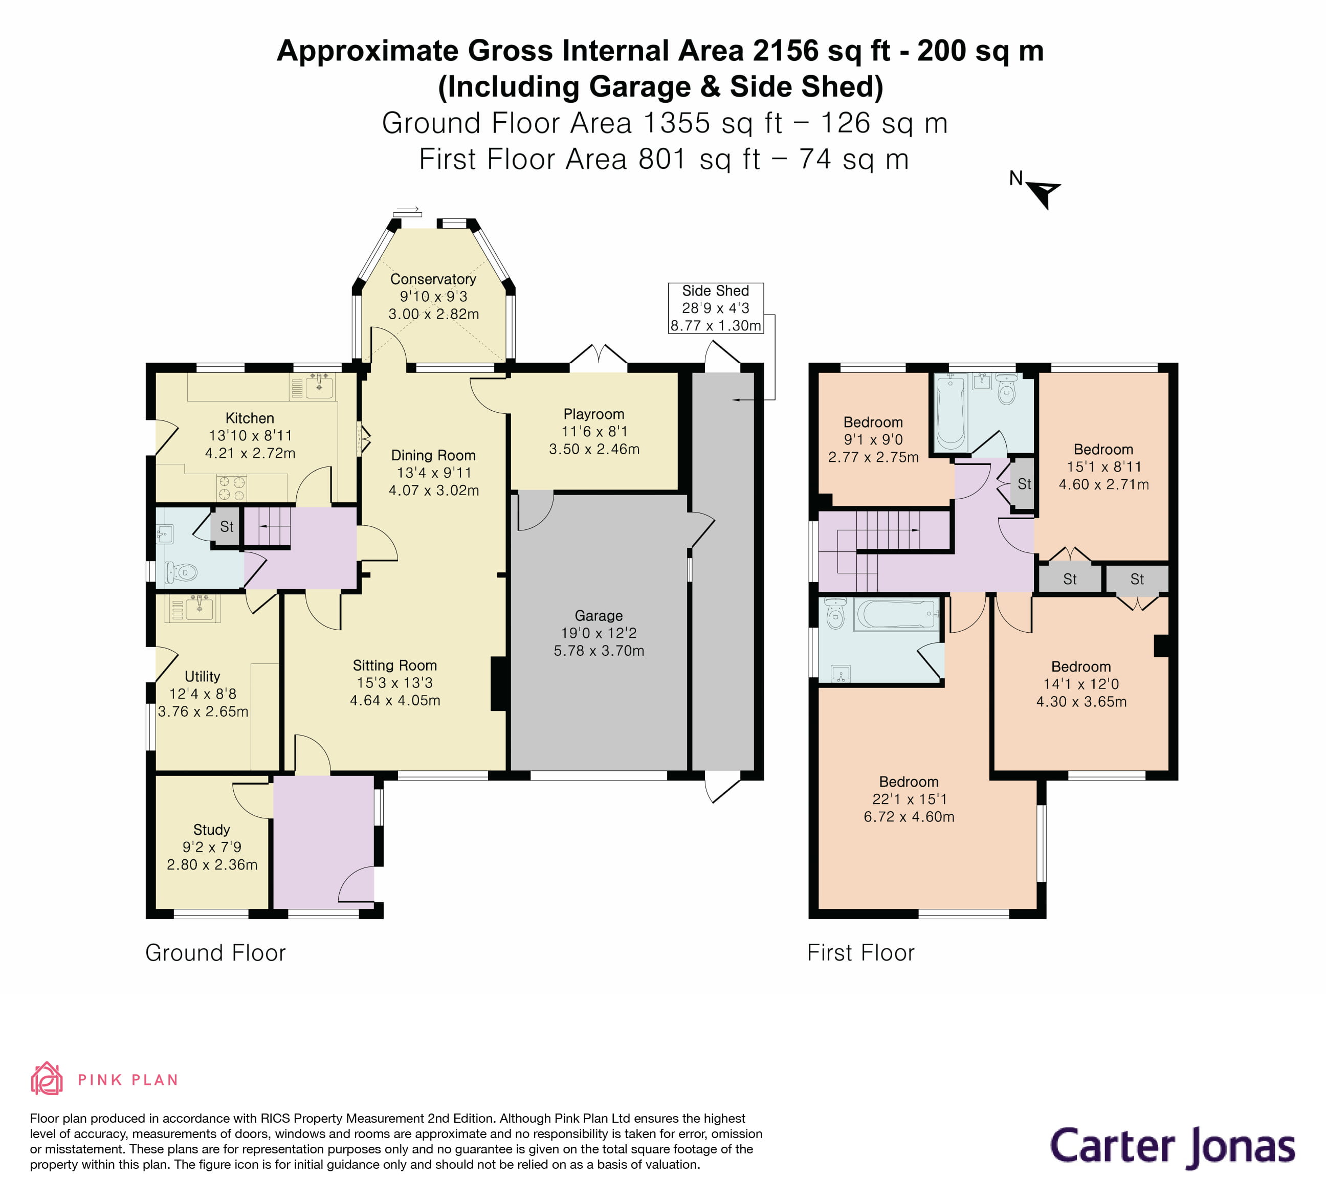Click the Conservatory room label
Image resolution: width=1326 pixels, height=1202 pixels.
[x=433, y=279]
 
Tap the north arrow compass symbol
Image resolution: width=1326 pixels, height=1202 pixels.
[x=1043, y=193]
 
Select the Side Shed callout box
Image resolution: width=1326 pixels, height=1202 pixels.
[x=716, y=308]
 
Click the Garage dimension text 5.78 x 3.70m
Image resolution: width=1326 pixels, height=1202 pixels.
[x=599, y=650]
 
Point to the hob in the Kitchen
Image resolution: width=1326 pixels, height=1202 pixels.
[x=232, y=487]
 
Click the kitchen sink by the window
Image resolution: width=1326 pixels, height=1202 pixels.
[x=319, y=387]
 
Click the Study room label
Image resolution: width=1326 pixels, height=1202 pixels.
[x=211, y=829]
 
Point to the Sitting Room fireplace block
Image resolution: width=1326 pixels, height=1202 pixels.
[x=499, y=684]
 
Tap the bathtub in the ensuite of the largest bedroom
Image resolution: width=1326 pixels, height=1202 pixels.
[x=896, y=615]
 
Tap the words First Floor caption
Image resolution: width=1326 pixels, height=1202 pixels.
[x=860, y=953]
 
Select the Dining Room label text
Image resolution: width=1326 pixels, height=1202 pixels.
[x=433, y=455]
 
